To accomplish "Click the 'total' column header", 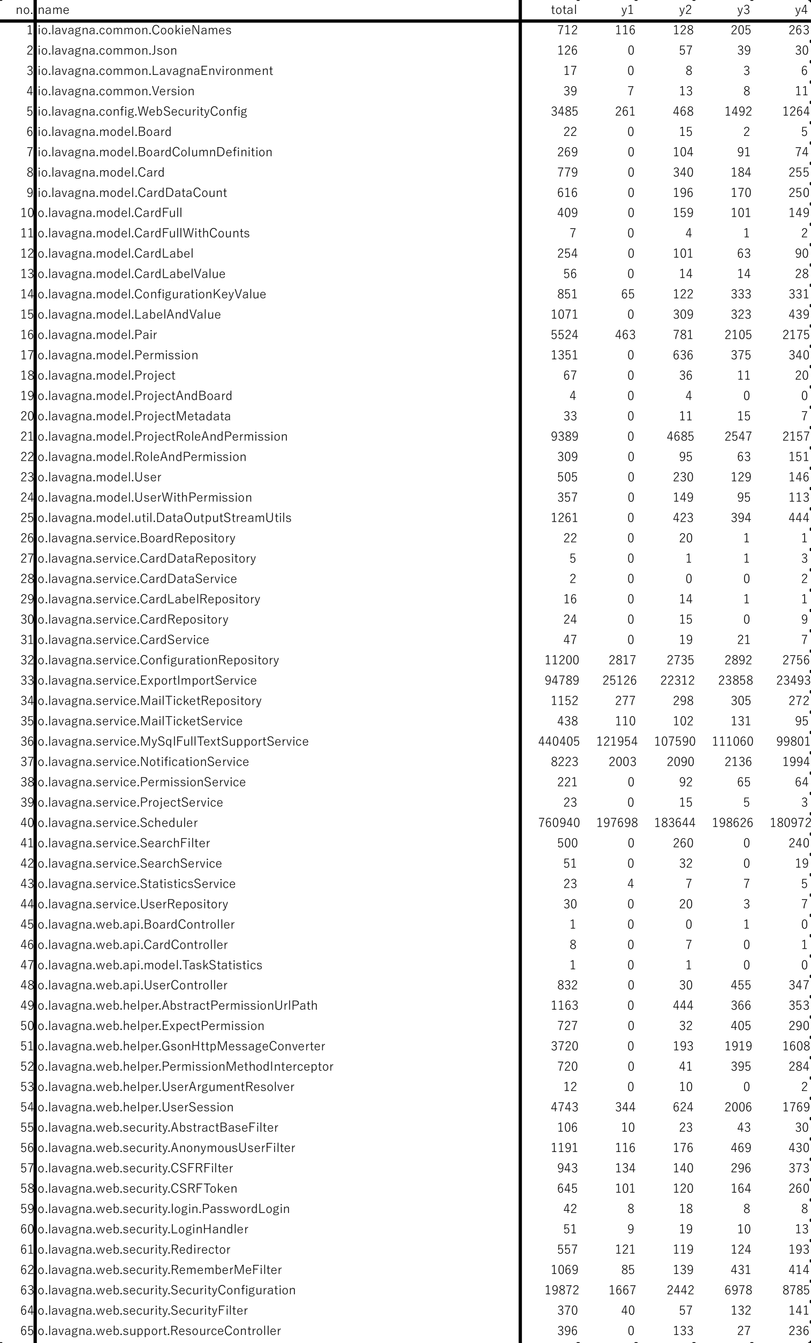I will [x=563, y=10].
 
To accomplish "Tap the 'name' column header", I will [x=54, y=10].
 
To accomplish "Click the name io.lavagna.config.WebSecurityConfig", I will [x=142, y=111].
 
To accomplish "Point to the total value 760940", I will [x=559, y=822].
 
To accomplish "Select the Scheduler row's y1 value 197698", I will [x=616, y=822].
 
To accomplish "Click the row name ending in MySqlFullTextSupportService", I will [x=173, y=741].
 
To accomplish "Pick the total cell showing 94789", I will [x=562, y=680].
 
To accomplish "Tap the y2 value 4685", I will [x=680, y=436].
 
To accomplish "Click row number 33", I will [x=27, y=680].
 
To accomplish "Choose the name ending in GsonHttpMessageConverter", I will [x=181, y=1046].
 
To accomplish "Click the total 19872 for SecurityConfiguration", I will [x=562, y=1289].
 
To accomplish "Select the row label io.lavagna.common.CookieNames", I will [x=135, y=30].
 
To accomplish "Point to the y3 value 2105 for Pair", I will [x=738, y=334].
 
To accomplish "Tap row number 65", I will [x=27, y=1331].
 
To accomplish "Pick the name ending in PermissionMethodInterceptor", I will [x=185, y=1066].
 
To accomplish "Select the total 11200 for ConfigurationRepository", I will [x=562, y=660].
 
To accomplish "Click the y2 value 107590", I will [x=674, y=741].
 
